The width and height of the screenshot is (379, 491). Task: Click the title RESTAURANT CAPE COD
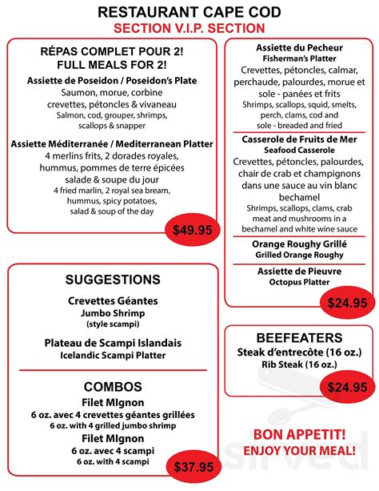189,12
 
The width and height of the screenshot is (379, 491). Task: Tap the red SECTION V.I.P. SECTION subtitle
189,29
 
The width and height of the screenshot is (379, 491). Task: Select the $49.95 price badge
193,231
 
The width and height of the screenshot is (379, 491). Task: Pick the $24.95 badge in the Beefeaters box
347,387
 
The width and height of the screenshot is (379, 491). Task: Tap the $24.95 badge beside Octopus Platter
347,302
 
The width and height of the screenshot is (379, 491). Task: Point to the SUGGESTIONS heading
112,280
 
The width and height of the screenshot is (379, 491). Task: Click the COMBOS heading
112,386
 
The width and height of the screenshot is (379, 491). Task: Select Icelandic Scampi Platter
112,354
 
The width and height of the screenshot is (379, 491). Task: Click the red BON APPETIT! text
299,434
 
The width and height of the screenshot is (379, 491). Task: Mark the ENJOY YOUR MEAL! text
299,450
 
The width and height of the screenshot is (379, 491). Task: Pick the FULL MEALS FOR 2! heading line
112,65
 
